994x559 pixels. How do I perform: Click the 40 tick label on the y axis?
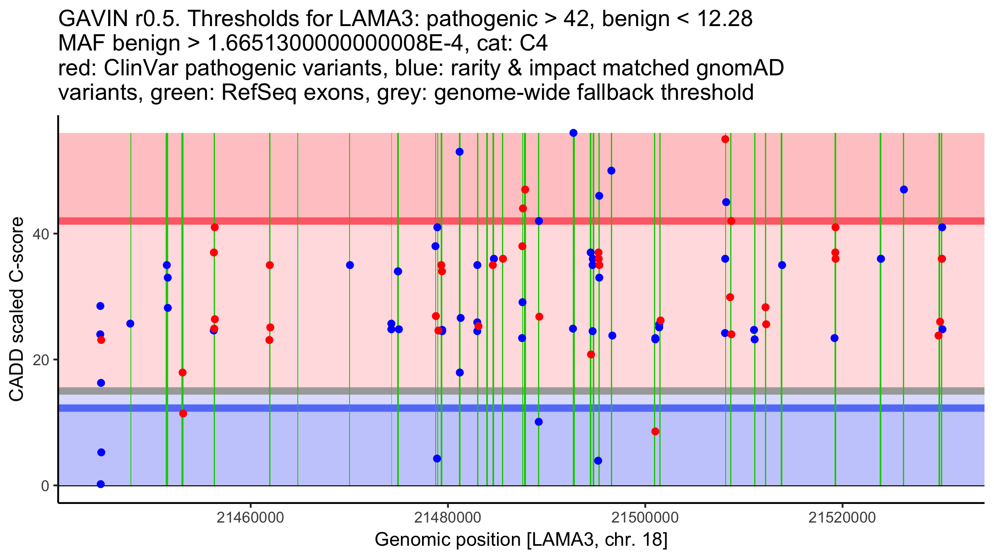[x=41, y=234]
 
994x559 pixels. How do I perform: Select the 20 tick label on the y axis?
[x=41, y=360]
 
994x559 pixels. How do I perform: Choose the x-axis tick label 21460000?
[x=250, y=518]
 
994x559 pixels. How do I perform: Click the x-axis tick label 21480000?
[x=448, y=518]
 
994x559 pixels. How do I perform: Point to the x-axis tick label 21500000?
[x=645, y=518]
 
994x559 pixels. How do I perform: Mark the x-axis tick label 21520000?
[x=842, y=518]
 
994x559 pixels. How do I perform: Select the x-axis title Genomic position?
[x=447, y=540]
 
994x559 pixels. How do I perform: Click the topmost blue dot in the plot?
[x=574, y=133]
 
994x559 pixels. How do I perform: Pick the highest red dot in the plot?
[x=725, y=139]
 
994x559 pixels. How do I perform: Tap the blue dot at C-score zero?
[x=101, y=484]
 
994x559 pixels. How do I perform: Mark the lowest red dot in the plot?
[x=655, y=431]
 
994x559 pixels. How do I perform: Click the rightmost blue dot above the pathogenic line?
[x=904, y=190]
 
